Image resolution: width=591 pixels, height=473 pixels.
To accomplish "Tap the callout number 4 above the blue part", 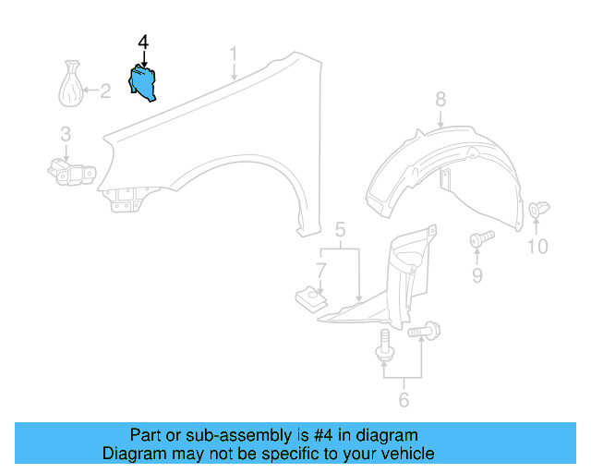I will coord(142,42).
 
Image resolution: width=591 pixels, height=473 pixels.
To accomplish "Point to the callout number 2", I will coord(105,91).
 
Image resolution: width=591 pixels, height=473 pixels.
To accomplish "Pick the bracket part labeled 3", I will coord(70,172).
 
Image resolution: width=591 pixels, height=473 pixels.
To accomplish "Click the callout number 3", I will coord(66,135).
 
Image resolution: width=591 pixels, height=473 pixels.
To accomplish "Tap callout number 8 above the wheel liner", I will coord(440,99).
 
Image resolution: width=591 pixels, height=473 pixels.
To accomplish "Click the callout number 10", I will coord(537,247).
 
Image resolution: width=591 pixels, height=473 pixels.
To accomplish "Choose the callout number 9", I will coord(477,275).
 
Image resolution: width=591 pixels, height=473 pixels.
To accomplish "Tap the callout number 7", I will coord(320,271).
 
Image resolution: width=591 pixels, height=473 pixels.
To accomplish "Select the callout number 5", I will coord(340,230).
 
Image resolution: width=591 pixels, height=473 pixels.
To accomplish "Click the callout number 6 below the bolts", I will coord(403,399).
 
